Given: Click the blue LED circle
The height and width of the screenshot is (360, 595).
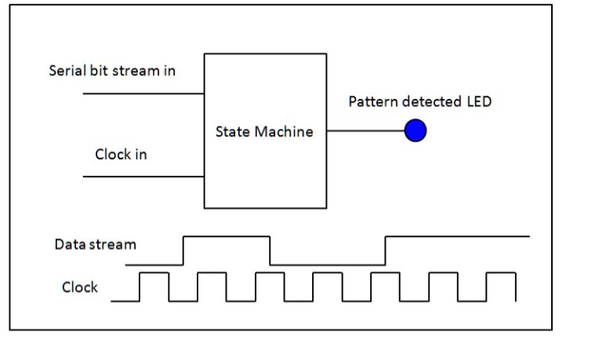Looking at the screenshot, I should (415, 131).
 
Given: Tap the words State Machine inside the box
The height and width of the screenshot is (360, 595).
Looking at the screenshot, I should (264, 132).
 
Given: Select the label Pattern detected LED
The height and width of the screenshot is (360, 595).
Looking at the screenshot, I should (419, 102).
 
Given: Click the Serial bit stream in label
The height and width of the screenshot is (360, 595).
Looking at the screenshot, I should (112, 71).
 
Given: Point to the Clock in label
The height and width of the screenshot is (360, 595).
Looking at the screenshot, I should (121, 155).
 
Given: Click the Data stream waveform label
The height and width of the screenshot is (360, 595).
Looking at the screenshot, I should (95, 244).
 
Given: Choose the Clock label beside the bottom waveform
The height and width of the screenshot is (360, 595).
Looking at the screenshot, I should (80, 287).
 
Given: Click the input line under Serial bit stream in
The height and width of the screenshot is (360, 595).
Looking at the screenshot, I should (143, 93).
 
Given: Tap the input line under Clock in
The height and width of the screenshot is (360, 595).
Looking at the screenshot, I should (143, 176).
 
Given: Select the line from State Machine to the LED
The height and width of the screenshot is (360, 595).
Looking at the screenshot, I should (365, 131).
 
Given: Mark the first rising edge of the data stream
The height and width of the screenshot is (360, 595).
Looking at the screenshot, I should (183, 250).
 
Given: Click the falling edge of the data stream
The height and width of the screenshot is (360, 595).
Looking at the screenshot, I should (270, 250).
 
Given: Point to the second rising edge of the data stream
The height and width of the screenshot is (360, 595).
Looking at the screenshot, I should (386, 250).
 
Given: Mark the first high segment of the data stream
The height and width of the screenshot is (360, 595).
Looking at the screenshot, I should (227, 235).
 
